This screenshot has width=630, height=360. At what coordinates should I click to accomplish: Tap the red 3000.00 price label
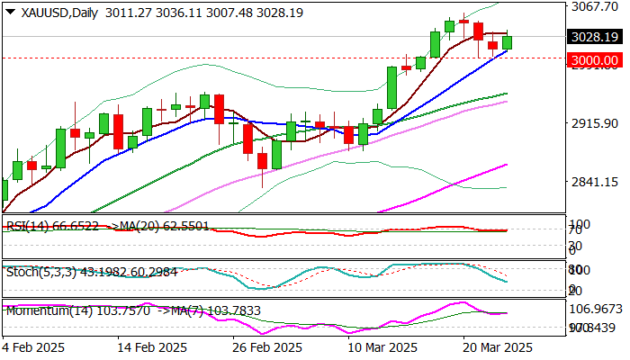pos(594,59)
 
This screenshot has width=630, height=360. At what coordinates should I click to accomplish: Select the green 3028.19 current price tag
pos(594,37)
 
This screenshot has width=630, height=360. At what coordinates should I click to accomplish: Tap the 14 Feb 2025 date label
pos(156,347)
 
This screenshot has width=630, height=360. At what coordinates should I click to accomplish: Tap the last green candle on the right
pos(508,42)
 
